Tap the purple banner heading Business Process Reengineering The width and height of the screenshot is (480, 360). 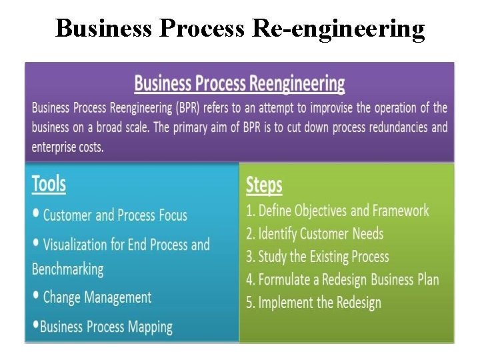point(239,84)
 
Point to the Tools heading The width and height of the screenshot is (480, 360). point(49,184)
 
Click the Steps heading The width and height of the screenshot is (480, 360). point(264,185)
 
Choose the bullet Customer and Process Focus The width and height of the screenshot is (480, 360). point(115,215)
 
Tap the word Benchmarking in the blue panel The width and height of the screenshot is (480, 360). point(68,269)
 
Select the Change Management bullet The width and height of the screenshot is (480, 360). point(97,297)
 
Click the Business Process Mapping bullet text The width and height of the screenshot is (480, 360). point(106,327)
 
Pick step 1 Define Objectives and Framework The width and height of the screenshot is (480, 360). point(337,211)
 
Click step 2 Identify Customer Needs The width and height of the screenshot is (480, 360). point(315,233)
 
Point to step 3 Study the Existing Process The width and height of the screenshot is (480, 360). point(317,257)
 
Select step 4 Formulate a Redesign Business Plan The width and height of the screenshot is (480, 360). point(343,279)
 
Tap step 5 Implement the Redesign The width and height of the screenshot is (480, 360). point(313,303)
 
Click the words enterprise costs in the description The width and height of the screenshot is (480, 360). point(67,147)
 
